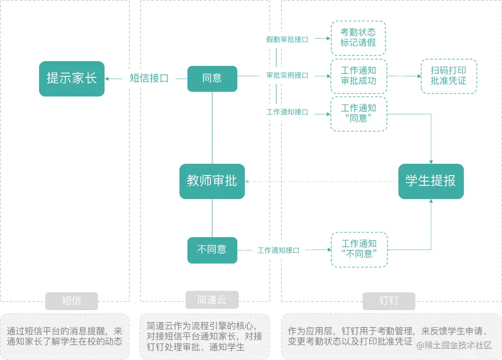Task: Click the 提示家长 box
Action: [x=72, y=79]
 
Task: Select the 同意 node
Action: [x=212, y=79]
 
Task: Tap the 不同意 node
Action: [x=212, y=250]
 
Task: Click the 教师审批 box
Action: [x=212, y=181]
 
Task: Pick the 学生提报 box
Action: [x=431, y=181]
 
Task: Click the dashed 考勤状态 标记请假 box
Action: [x=358, y=38]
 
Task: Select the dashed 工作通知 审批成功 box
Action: [x=358, y=76]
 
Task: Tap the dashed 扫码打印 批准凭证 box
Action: [x=449, y=76]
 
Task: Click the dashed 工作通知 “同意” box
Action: [x=358, y=114]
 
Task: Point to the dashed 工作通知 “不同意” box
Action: [x=359, y=249]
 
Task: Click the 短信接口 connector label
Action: [x=149, y=79]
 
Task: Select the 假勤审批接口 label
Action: [x=287, y=40]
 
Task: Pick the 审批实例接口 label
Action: [x=287, y=75]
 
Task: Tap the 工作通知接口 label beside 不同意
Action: [x=278, y=250]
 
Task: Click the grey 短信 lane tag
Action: [x=72, y=301]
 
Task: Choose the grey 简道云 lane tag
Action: [x=212, y=300]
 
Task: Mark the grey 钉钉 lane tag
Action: [x=389, y=301]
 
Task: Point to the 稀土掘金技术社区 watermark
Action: [x=454, y=345]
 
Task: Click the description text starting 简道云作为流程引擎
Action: [x=205, y=336]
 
